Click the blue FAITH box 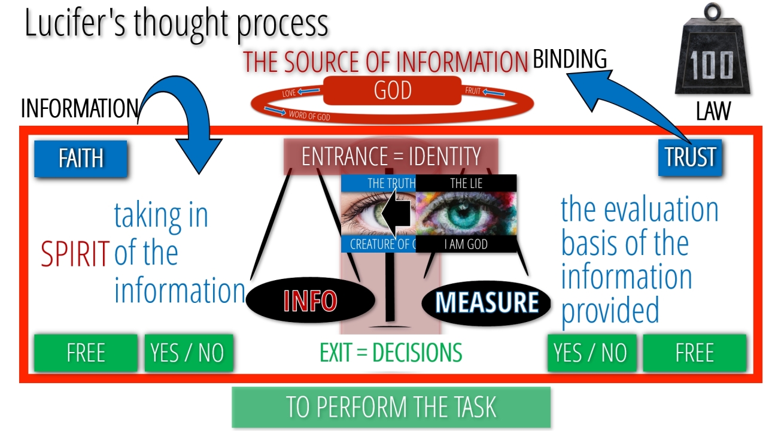(x=81, y=159)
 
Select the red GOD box (x=393, y=91)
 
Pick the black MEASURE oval (x=487, y=302)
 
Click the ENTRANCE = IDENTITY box (x=391, y=157)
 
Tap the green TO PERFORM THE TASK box (x=391, y=407)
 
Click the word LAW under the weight (x=713, y=112)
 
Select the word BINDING (x=570, y=59)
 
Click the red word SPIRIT (x=75, y=254)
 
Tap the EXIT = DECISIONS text (x=391, y=353)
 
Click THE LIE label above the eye (x=466, y=183)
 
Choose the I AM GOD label (x=466, y=244)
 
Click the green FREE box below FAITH (x=86, y=353)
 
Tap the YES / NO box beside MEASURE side (x=591, y=353)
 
